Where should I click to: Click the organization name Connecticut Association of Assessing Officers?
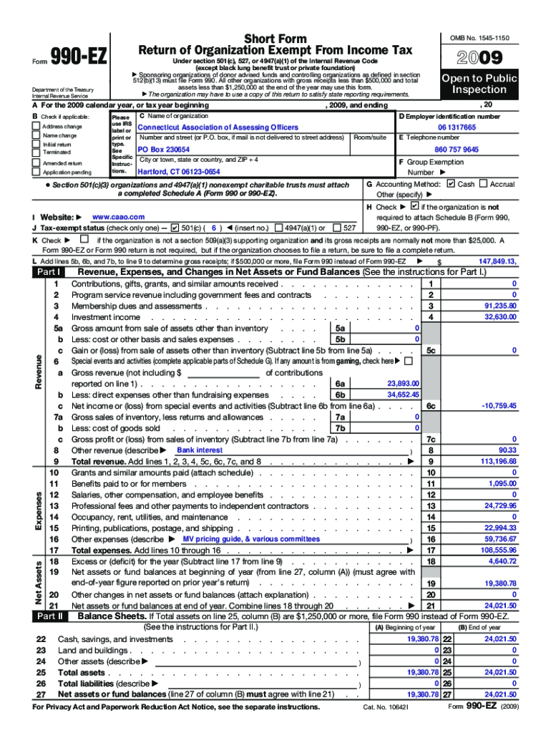208,127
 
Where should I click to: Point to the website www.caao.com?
119,216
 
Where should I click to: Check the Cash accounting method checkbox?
449,184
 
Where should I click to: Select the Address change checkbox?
36,127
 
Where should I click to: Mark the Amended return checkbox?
36,163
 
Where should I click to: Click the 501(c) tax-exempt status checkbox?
175,228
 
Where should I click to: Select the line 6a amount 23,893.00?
403,384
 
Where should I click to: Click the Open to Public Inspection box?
479,84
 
